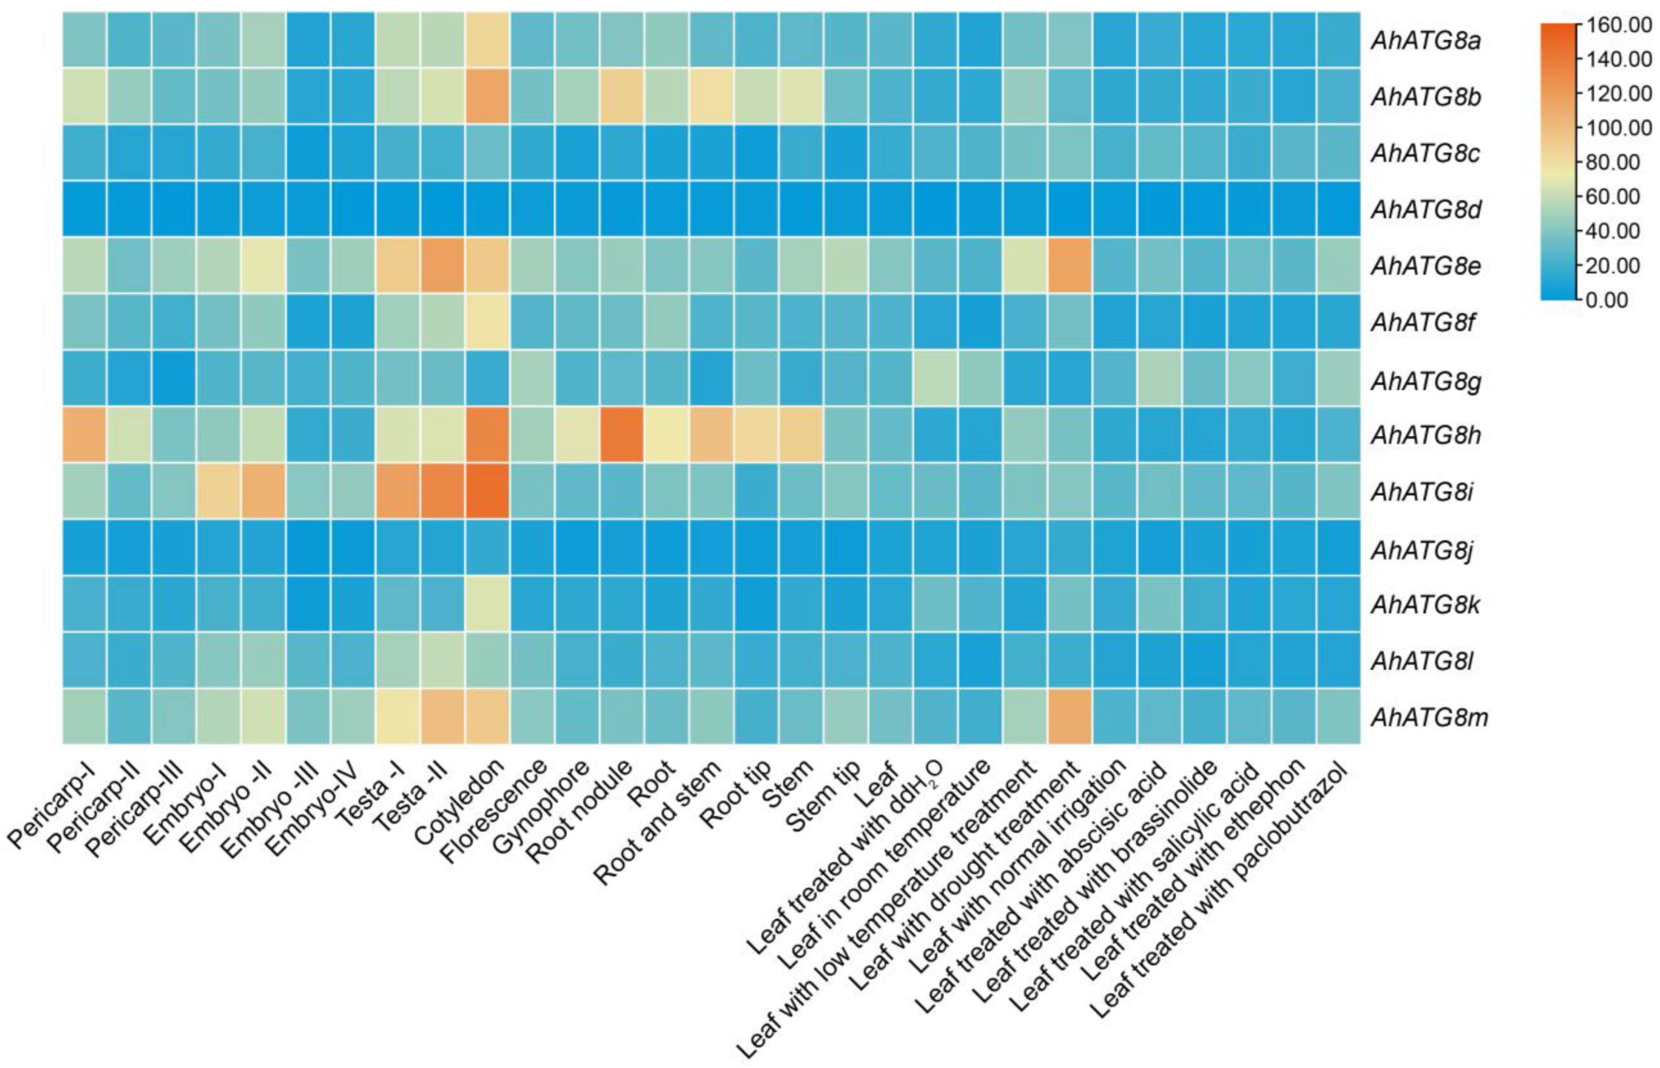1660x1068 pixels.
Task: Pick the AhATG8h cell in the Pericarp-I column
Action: tap(84, 435)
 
